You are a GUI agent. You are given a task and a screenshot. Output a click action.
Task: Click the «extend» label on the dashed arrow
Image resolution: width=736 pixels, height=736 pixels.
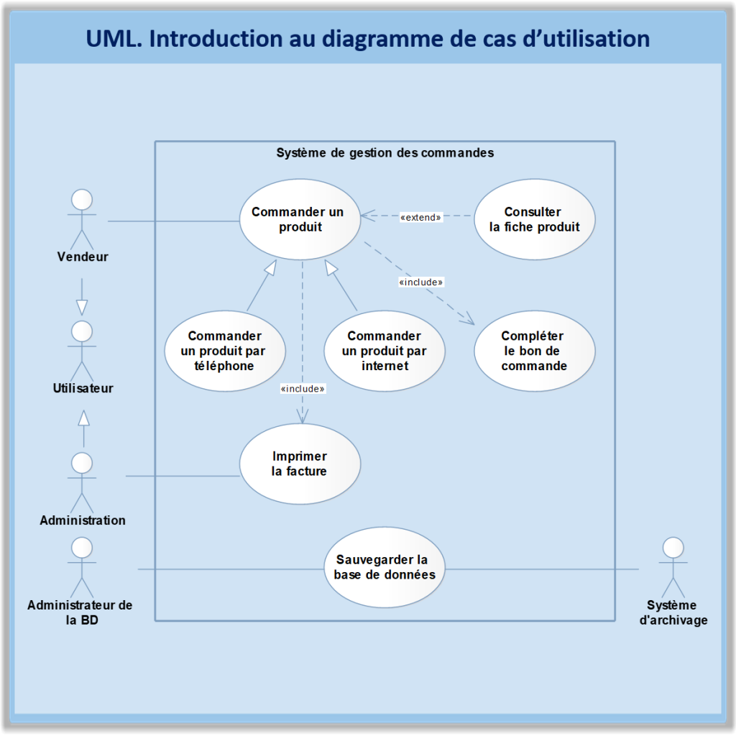click(420, 217)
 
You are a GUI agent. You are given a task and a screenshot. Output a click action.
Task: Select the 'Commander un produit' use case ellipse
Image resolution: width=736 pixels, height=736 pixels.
click(298, 219)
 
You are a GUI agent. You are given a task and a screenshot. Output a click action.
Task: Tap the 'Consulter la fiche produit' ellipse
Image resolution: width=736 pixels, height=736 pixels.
click(534, 219)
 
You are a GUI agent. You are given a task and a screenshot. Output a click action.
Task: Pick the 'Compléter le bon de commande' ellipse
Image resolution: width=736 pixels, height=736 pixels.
click(534, 351)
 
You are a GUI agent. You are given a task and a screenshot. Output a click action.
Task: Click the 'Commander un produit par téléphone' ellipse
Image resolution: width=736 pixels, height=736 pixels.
click(224, 351)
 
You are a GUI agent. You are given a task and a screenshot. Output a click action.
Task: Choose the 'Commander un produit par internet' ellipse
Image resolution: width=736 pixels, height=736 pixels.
click(384, 351)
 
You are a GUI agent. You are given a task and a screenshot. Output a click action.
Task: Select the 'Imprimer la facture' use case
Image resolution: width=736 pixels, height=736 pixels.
click(299, 464)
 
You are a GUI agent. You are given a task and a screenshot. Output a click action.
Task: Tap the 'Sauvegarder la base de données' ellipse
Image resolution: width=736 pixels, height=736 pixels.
click(384, 566)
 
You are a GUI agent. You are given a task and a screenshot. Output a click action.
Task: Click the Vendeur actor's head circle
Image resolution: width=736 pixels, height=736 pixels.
click(82, 199)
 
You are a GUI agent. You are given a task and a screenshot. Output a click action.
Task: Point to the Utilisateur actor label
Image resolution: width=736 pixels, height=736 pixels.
click(83, 388)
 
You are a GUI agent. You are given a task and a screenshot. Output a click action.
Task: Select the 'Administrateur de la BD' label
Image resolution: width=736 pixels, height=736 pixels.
click(80, 612)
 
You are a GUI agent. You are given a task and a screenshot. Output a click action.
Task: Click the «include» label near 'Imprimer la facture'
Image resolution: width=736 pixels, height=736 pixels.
click(303, 389)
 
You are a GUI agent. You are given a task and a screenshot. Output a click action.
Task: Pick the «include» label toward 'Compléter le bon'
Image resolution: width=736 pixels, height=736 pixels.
click(421, 282)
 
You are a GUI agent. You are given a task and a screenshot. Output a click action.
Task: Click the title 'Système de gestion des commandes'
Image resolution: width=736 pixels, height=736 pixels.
click(385, 153)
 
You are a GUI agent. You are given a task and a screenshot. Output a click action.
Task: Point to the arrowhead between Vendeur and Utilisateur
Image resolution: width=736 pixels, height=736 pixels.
click(82, 307)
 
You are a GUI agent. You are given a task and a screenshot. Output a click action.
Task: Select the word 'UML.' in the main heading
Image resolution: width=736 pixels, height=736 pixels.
click(114, 38)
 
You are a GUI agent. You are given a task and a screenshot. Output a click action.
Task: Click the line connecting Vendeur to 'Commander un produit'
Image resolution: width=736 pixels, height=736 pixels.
click(172, 221)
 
